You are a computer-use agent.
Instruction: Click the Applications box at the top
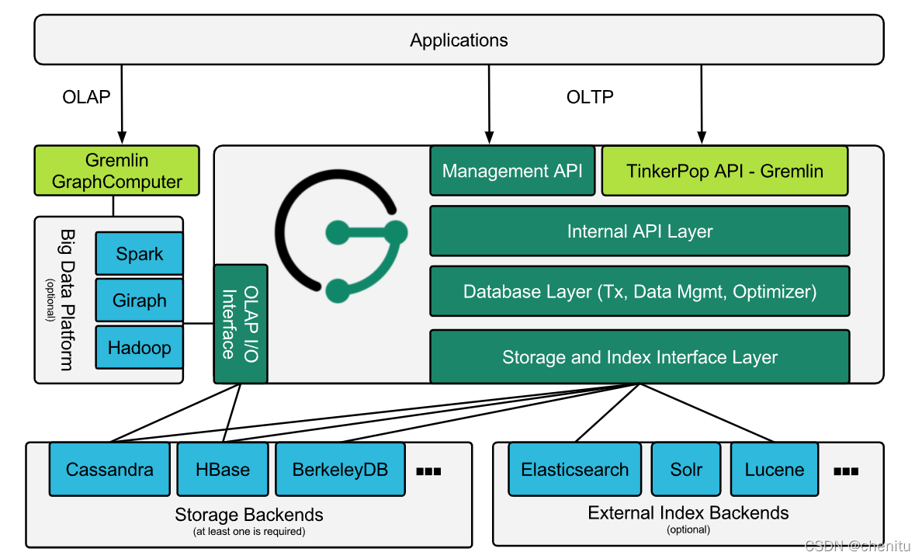(459, 40)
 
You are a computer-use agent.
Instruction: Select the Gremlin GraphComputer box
(116, 172)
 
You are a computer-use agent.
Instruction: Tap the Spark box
(140, 254)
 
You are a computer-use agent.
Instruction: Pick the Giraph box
(140, 300)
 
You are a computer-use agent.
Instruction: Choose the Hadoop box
(140, 347)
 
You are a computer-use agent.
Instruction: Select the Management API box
(512, 171)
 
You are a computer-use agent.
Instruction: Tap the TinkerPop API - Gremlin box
(725, 171)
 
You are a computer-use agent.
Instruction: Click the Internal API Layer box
(640, 231)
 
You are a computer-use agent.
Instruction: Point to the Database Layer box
(640, 292)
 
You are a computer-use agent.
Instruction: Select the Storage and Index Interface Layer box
(640, 357)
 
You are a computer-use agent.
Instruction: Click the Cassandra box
(109, 470)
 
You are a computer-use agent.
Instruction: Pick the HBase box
(223, 470)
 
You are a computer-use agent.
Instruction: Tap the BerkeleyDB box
(340, 470)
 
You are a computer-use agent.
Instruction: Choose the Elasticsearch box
(575, 470)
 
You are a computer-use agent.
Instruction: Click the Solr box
(686, 470)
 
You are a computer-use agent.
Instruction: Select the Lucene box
(775, 470)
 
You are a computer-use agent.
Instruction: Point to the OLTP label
(590, 97)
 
